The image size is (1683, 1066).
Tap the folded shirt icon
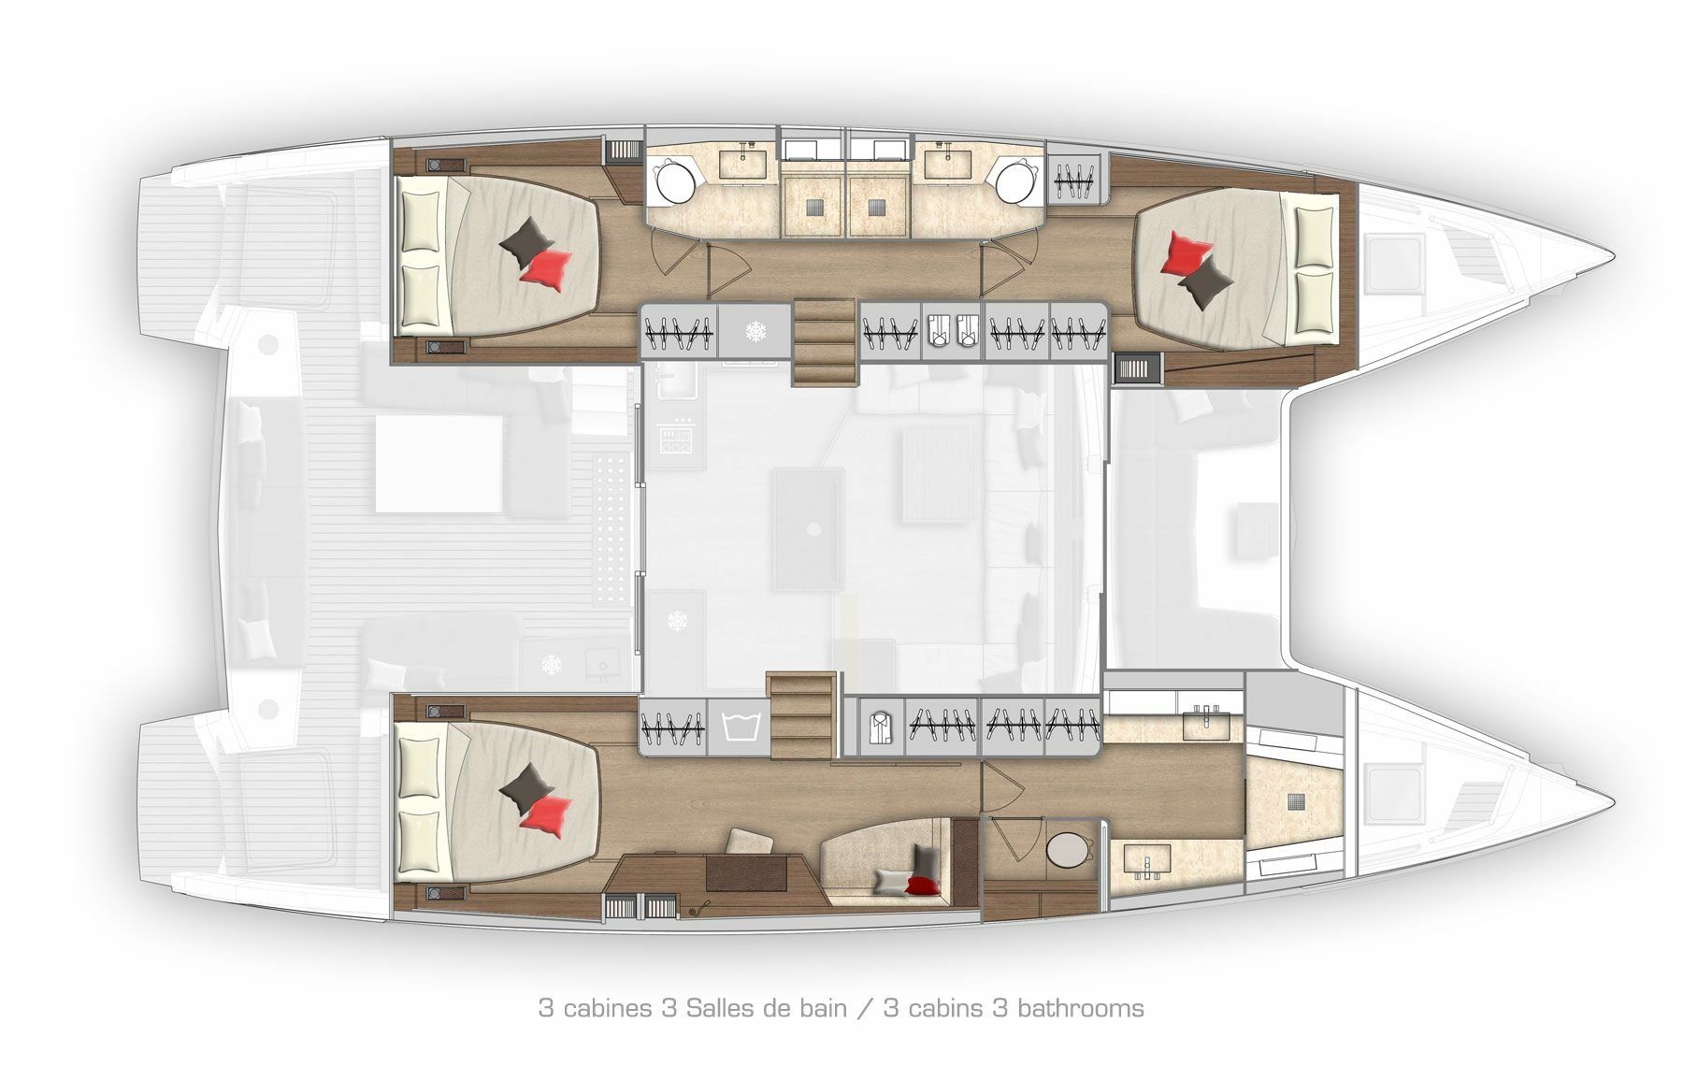876,726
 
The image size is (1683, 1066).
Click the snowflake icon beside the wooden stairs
755,331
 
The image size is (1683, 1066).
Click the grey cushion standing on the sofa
925,859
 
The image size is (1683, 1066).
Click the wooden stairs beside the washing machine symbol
799,716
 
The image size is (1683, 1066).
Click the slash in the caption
867,1009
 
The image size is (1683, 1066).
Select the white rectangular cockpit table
439,465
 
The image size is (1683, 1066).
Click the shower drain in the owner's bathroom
1296,800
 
